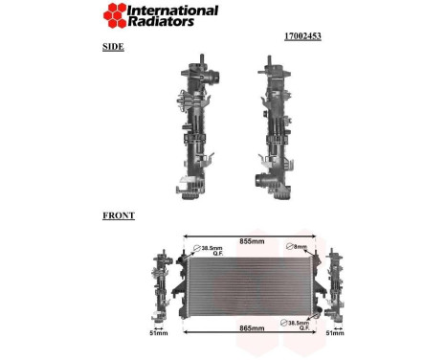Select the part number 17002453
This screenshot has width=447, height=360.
[302, 36]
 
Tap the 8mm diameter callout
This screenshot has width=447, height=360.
[299, 247]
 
